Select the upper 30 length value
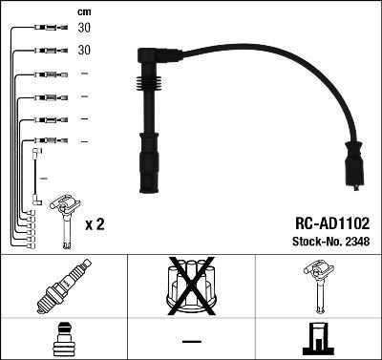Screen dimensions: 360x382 click(83, 29)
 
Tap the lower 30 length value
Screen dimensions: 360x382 click(83, 50)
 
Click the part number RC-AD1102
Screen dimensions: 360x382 click(325, 222)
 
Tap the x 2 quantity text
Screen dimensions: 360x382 click(95, 224)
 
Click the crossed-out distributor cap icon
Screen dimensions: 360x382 click(190, 286)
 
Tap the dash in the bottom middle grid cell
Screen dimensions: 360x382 click(190, 341)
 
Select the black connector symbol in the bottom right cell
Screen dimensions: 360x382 click(317, 340)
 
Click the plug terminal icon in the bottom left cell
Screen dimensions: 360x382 click(63, 340)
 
